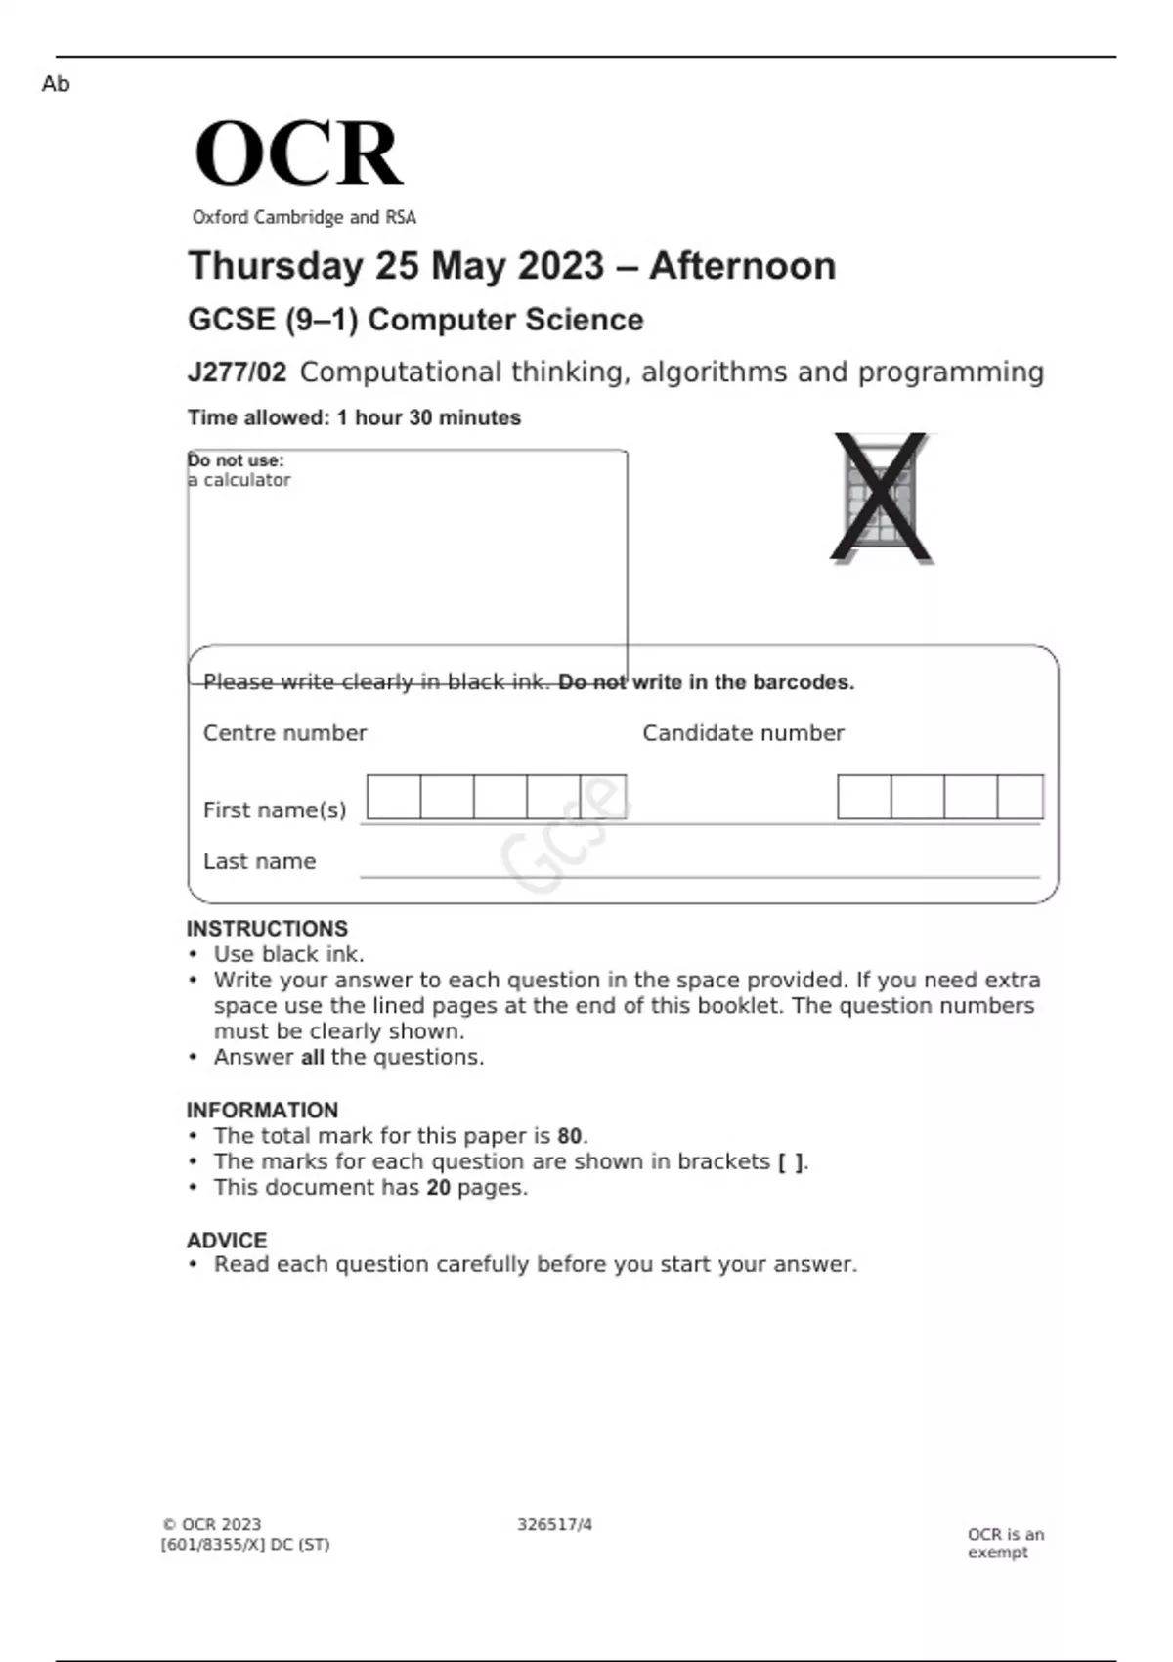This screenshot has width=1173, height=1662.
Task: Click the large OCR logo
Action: pos(298,153)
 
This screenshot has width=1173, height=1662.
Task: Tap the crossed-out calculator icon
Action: pos(881,499)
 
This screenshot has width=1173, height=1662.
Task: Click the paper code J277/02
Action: pos(237,372)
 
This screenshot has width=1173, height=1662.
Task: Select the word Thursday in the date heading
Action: pos(275,266)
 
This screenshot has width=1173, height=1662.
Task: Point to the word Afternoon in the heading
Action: pos(742,266)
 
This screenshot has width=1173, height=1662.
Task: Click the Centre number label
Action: pos(284,733)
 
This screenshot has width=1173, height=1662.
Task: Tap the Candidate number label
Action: pos(743,733)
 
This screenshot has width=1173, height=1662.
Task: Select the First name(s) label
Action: pos(275,810)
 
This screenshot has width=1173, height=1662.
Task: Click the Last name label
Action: pos(259,861)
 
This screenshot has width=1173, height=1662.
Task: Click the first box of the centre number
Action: pos(394,797)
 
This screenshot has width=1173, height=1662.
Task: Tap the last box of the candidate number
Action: pos(1021,797)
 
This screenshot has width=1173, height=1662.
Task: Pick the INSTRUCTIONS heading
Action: pos(267,929)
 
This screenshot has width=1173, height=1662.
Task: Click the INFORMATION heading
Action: pos(262,1111)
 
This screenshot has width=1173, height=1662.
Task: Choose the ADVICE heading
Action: pos(227,1241)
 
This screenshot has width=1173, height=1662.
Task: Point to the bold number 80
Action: pos(570,1136)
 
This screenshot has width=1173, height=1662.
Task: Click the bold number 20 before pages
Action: pos(438,1188)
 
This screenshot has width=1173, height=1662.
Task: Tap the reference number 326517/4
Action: pos(554,1525)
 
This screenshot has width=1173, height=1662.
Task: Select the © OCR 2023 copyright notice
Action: pos(212,1525)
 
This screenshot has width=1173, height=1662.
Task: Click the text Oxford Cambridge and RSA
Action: pos(304,217)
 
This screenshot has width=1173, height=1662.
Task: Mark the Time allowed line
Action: pos(354,417)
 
